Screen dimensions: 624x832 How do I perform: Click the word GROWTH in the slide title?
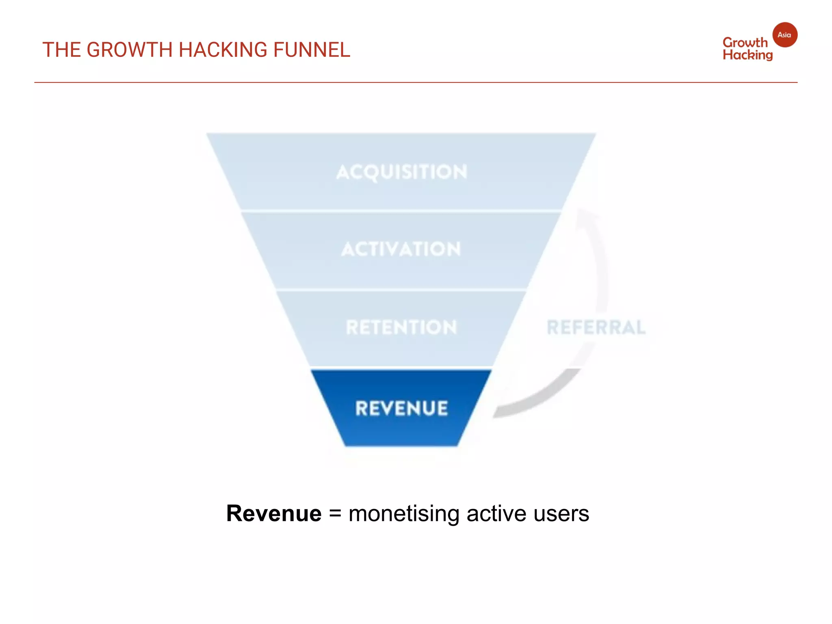[x=130, y=50]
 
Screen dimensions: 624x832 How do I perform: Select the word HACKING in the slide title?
[x=223, y=50]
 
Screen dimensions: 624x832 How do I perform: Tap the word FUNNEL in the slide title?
[x=311, y=50]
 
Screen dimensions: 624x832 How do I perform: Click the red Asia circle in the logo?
[x=784, y=35]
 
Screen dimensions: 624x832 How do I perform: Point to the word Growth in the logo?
[x=745, y=43]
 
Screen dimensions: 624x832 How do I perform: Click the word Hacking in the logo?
[x=747, y=55]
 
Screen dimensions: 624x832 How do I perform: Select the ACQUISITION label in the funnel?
[x=402, y=172]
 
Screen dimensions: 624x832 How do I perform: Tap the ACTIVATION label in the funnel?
[x=401, y=249]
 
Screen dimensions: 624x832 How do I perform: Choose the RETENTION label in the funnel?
[x=401, y=327]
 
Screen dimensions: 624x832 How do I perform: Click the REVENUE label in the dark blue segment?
[x=401, y=408]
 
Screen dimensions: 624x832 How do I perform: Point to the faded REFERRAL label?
[x=596, y=327]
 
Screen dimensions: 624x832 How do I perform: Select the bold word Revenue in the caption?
[x=274, y=513]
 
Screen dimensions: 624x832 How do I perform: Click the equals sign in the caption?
[x=335, y=513]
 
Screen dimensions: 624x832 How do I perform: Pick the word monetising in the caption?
[x=404, y=513]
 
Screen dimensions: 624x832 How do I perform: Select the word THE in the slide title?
[x=61, y=50]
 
